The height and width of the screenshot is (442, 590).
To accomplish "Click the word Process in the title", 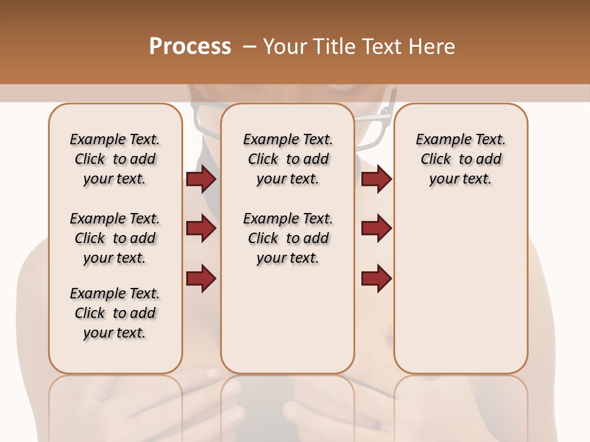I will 190,47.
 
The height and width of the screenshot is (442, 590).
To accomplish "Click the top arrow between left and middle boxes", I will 201,179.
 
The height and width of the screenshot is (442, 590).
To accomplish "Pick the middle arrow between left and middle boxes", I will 201,228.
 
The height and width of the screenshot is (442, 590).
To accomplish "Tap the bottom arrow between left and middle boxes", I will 201,278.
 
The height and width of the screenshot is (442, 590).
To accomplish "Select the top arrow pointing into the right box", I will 376,179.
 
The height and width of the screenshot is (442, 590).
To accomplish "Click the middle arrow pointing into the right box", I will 376,228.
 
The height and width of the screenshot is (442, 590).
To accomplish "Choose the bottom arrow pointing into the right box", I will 376,278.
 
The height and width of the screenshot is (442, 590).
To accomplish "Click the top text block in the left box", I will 115,159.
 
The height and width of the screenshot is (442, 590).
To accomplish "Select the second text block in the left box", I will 115,238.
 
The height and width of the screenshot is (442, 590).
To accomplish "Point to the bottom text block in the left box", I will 115,313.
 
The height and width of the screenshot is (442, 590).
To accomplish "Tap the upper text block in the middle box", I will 288,159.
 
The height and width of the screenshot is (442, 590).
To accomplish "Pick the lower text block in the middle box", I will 288,238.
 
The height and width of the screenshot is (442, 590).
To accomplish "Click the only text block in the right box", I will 460,159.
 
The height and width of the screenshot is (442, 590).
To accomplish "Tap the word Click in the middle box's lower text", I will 263,238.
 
